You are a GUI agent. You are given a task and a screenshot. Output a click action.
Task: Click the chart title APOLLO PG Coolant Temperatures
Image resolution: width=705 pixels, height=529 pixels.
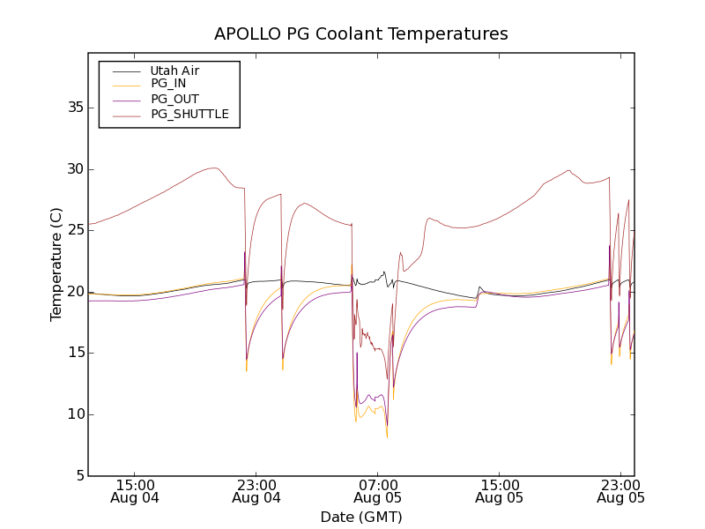point(361,34)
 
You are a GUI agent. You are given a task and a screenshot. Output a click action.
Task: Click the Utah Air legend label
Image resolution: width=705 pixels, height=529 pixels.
point(174,71)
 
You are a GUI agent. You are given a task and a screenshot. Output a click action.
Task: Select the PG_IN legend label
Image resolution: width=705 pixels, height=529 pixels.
point(168,84)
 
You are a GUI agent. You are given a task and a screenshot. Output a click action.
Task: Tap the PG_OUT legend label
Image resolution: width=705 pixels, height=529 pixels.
point(174,99)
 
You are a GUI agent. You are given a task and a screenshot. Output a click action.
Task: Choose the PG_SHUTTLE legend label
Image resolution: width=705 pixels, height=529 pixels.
point(189,114)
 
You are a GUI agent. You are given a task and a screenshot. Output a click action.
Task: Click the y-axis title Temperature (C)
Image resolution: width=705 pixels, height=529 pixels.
point(56,264)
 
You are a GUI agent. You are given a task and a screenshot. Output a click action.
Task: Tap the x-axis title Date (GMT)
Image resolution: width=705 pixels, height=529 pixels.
point(361,517)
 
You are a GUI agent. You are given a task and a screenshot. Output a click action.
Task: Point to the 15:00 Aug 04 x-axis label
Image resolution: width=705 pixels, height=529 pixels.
point(136,491)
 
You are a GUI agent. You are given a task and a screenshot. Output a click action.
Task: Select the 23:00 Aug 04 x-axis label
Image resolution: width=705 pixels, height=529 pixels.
point(256,491)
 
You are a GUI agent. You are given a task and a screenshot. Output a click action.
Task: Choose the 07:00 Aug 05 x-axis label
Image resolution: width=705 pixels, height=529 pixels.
point(378,491)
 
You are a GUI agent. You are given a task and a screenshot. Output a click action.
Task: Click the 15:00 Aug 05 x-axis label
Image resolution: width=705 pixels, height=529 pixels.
point(500,491)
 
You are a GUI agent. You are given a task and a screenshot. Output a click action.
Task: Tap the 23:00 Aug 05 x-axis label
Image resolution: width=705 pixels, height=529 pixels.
point(620,491)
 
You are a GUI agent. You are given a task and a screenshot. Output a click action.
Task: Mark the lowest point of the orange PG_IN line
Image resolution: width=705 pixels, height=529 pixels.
point(387,437)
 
